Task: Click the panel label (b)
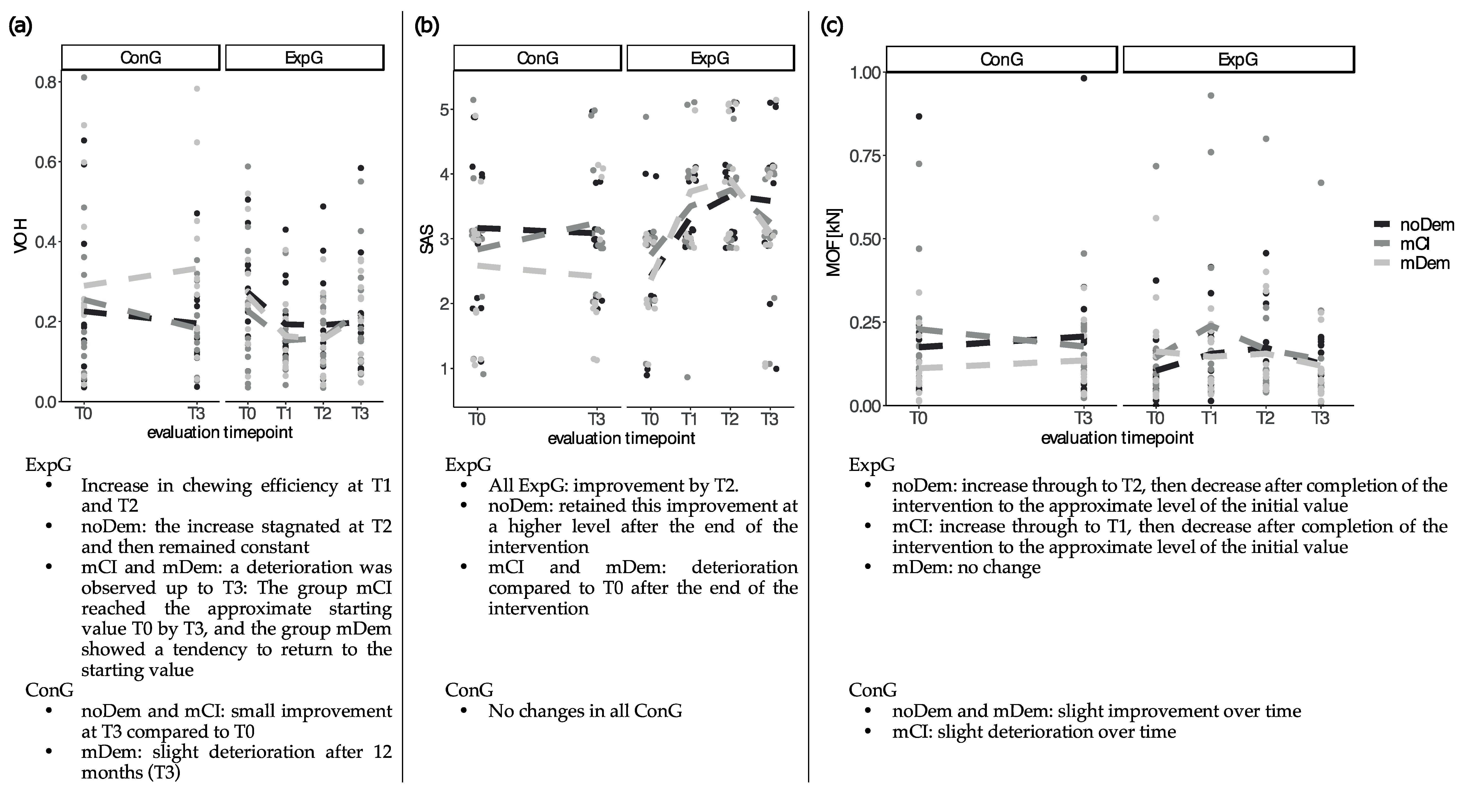pos(427,27)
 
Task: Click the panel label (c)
pos(833,27)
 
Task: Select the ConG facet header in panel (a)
pos(141,58)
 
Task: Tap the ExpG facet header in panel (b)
pos(710,58)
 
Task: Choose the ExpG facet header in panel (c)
pos(1238,59)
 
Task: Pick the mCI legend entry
pos(1413,244)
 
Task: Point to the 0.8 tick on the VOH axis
pos(45,83)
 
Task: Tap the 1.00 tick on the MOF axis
pos(864,73)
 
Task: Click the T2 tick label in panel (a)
pos(322,414)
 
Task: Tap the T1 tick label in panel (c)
pos(1210,418)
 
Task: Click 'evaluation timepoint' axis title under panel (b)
pos(622,438)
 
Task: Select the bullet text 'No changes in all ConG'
pos(584,711)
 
